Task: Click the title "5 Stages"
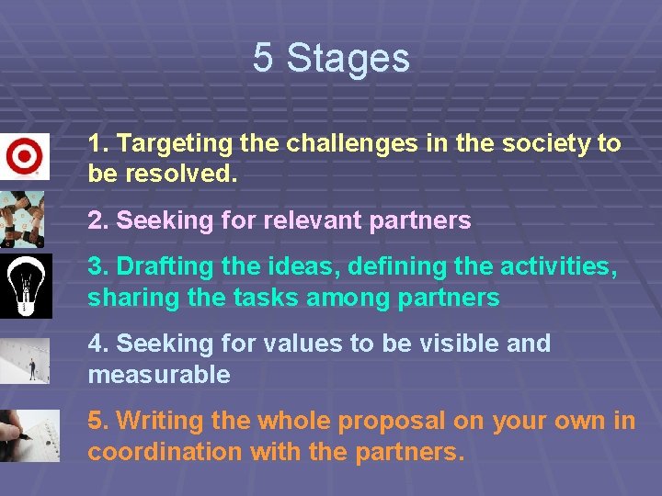point(331,58)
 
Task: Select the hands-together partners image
point(23,219)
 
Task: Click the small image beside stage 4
point(25,361)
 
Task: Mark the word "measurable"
point(158,375)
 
